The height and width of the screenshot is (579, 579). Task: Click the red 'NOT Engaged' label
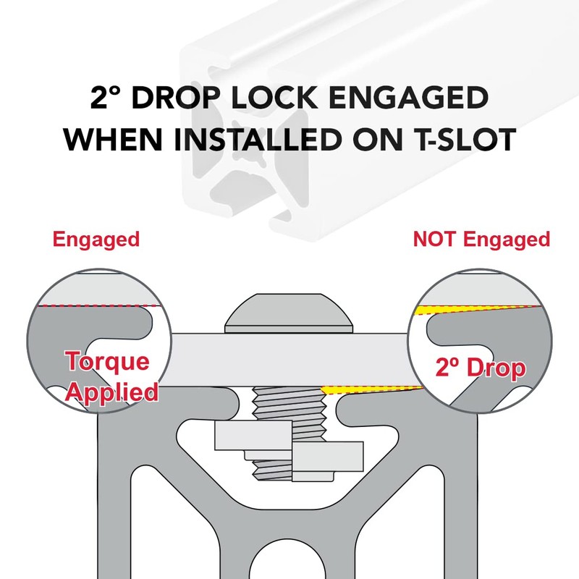[x=481, y=239]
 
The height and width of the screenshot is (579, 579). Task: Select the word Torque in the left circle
[x=107, y=362]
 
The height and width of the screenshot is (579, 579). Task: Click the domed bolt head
[x=289, y=313]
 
